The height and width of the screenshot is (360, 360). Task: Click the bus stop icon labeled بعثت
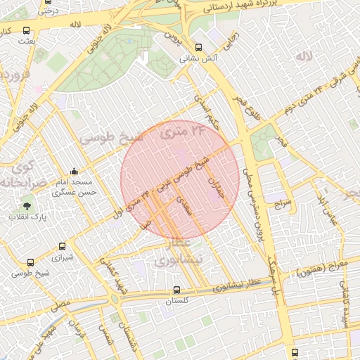pyautogui.click(x=27, y=31)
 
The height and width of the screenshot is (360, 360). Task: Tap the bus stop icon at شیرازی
pyautogui.click(x=63, y=247)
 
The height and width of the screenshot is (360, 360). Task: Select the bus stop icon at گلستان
pyautogui.click(x=176, y=290)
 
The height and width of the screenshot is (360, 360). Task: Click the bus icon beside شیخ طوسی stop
pyautogui.click(x=30, y=262)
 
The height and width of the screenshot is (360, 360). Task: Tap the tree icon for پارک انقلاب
pyautogui.click(x=27, y=206)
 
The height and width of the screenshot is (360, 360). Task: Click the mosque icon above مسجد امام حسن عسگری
pyautogui.click(x=75, y=171)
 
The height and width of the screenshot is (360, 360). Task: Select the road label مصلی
pyautogui.click(x=60, y=306)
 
